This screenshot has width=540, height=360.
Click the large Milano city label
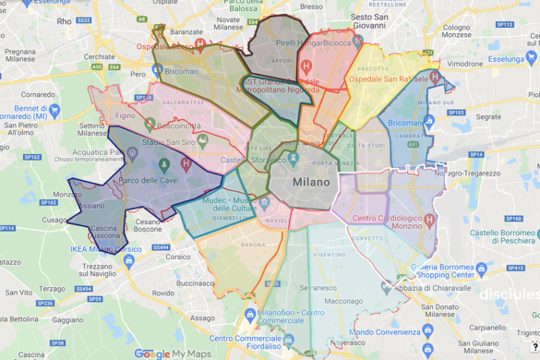[310, 183]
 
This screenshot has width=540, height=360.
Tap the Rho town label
[64, 19]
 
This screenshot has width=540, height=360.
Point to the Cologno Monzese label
[455, 34]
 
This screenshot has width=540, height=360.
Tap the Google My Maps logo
[174, 354]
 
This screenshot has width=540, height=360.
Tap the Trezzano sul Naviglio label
[98, 270]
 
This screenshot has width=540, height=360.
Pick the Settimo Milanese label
[96, 129]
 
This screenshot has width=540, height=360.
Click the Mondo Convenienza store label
[385, 331]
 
